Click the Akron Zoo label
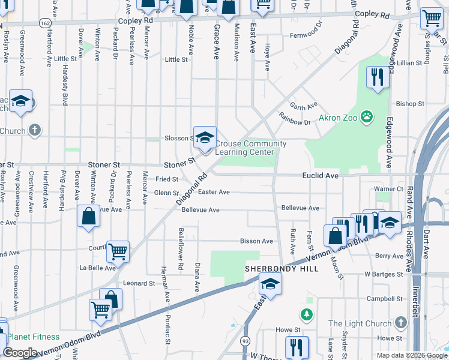coord(337,117)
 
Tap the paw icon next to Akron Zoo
coord(366,117)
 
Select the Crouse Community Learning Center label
coord(250,148)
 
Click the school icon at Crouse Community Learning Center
coord(205,137)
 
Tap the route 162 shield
coord(46,22)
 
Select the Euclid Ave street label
coord(324,176)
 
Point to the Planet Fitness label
coord(34,337)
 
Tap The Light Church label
coord(360,324)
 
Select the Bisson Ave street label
coord(256,241)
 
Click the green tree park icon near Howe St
coord(307,314)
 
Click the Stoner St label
coord(104,164)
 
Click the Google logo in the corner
coord(20,353)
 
